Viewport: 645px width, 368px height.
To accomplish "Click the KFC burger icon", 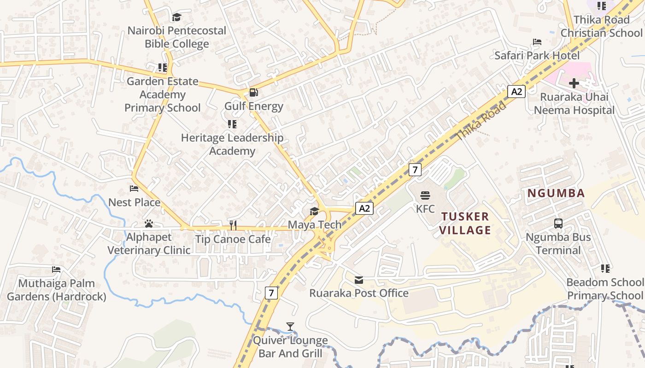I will click(425, 195).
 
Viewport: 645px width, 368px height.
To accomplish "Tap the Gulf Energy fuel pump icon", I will click(253, 92).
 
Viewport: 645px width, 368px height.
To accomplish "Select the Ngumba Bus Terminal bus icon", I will click(558, 224).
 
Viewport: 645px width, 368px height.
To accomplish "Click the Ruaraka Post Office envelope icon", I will click(359, 280).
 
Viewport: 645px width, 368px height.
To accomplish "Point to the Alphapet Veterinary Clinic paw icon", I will click(148, 224).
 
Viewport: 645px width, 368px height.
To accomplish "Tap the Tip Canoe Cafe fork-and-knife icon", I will click(233, 225).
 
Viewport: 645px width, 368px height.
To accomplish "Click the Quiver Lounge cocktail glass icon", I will click(290, 327).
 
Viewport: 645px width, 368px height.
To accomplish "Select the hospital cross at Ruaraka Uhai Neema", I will click(574, 83).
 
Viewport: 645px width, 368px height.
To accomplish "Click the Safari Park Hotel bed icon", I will click(537, 42).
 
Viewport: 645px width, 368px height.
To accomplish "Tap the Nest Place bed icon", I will click(134, 189).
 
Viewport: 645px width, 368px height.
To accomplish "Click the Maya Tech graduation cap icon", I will click(314, 211).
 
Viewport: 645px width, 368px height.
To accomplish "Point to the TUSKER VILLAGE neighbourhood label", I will click(465, 223).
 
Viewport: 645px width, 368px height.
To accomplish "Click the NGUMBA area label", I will click(556, 193).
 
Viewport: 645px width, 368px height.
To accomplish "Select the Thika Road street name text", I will click(481, 121).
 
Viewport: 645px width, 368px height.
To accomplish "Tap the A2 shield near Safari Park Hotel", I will click(517, 91).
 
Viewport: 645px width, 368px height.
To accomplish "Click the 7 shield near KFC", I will click(415, 169).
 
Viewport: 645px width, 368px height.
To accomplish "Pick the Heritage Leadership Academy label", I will click(232, 144).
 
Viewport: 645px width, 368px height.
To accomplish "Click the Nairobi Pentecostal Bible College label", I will click(177, 37).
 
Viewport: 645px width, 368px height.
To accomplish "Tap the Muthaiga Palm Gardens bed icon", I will click(56, 270).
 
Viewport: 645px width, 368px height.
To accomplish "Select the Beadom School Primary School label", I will click(605, 288).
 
